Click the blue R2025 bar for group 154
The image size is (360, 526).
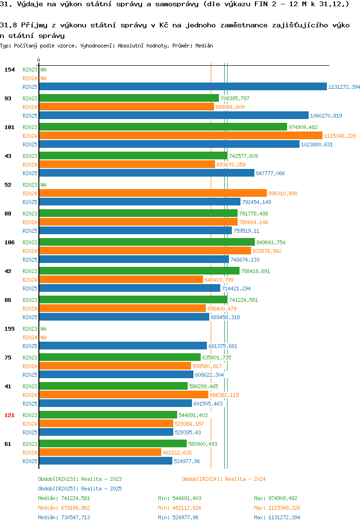pyautogui.click(x=183, y=86)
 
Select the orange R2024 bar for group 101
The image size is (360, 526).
pyautogui.click(x=181, y=135)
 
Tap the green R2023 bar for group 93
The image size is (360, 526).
pyautogui.click(x=129, y=98)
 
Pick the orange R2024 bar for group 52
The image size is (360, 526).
pyautogui.click(x=153, y=193)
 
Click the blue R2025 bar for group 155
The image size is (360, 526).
pyautogui.click(x=123, y=346)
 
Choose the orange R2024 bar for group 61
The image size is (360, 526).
pyautogui.click(x=100, y=453)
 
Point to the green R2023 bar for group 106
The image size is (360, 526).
pyautogui.click(x=147, y=242)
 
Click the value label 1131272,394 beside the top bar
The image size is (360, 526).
pyautogui.click(x=344, y=87)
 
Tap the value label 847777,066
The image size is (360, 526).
pyautogui.click(x=270, y=173)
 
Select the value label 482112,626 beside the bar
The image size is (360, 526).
pyautogui.click(x=178, y=453)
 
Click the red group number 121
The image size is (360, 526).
pyautogui.click(x=10, y=415)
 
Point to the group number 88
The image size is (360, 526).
pyautogui.click(x=8, y=214)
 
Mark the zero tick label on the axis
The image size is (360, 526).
pyautogui.click(x=38, y=60)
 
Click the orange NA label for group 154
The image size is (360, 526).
pyautogui.click(x=43, y=78)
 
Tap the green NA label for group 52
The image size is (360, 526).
pyautogui.click(x=43, y=185)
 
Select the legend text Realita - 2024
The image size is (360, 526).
pyautogui.click(x=245, y=479)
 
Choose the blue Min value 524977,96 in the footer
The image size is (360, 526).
pyautogui.click(x=185, y=517)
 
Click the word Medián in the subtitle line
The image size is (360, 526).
pyautogui.click(x=204, y=46)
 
